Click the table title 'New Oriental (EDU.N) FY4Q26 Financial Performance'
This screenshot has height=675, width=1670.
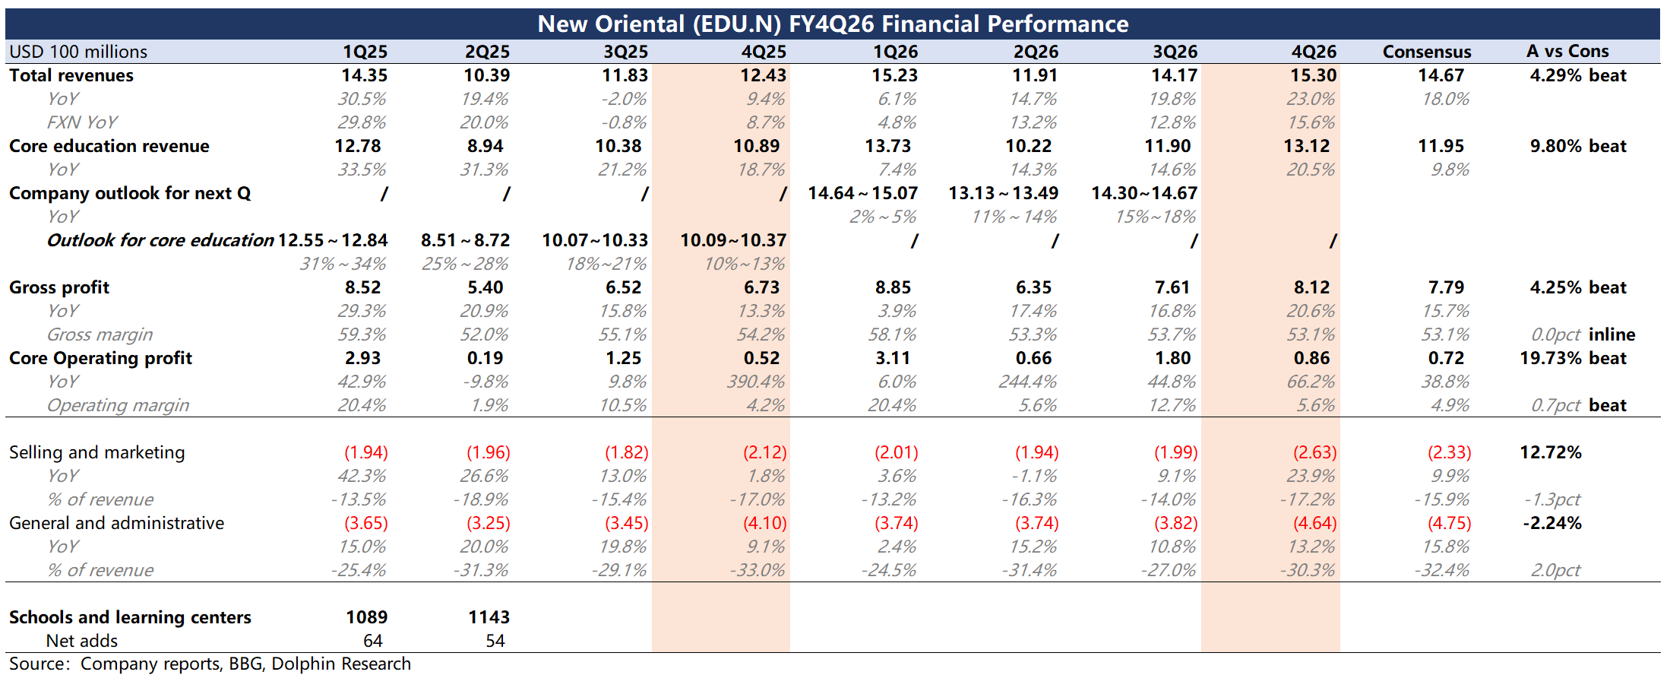tap(833, 24)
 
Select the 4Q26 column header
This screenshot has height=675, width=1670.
tap(1314, 52)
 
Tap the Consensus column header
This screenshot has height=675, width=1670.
tap(1427, 52)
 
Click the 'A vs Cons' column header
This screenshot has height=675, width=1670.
tap(1567, 51)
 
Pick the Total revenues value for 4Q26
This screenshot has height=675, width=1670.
tap(1314, 75)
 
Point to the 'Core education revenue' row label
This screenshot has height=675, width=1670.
tap(109, 146)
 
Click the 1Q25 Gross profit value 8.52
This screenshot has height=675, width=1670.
tap(363, 287)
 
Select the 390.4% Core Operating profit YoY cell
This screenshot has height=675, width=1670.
tap(755, 382)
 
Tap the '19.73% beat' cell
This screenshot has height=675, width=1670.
tap(1573, 358)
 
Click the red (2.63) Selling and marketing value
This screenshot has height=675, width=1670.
tap(1314, 452)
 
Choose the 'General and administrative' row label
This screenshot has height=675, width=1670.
tap(117, 523)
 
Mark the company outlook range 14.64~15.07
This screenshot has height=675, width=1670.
tap(862, 193)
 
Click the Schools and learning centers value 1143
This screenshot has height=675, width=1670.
tap(489, 617)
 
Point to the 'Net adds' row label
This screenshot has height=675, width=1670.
tap(82, 641)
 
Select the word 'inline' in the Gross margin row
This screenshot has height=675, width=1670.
tap(1612, 334)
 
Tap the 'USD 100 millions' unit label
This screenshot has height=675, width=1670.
tap(78, 52)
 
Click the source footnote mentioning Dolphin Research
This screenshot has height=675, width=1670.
tap(210, 664)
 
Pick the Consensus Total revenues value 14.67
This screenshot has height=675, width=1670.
tap(1441, 75)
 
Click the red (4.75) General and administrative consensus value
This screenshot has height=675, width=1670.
tap(1449, 523)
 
